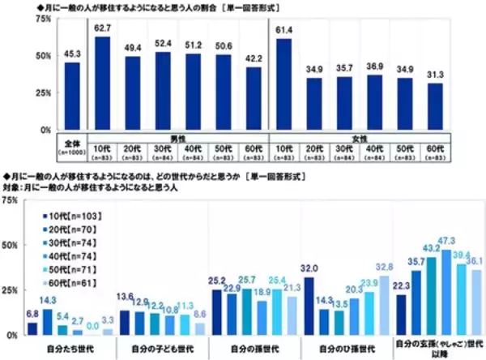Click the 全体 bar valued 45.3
(x=72, y=96)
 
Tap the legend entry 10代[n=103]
(x=71, y=216)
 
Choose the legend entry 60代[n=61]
(x=71, y=281)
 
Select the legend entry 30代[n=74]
(x=71, y=242)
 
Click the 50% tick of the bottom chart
(x=13, y=245)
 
